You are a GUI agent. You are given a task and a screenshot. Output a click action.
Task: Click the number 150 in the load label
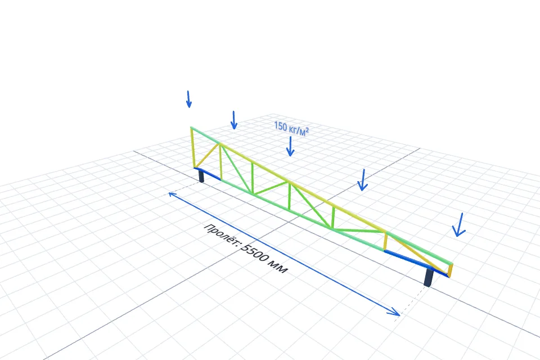click(280, 126)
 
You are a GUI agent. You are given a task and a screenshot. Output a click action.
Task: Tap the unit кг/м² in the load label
click(299, 130)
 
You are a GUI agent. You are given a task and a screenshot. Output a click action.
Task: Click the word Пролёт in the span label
click(220, 235)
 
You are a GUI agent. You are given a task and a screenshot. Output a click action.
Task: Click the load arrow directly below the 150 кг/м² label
click(290, 146)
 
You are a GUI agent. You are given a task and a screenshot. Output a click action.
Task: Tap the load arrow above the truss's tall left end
click(188, 99)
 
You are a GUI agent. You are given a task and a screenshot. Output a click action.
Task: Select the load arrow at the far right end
click(459, 224)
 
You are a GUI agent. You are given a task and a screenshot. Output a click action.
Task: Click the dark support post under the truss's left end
click(201, 176)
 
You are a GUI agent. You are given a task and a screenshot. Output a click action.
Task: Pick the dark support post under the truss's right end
click(429, 277)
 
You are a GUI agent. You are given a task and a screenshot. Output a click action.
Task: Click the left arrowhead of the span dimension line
click(172, 195)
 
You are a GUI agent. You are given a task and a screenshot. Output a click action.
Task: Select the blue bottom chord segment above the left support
click(208, 174)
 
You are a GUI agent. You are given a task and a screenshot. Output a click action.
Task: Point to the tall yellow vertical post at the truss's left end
click(193, 147)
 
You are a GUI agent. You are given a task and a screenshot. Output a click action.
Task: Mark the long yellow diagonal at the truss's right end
click(417, 253)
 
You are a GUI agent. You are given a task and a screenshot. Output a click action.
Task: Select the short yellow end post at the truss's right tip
click(451, 271)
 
